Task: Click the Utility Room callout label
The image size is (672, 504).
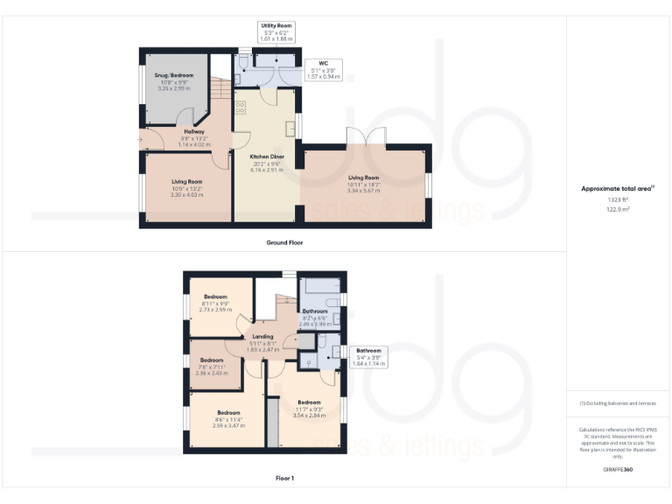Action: (x=276, y=26)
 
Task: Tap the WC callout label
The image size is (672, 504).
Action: (x=323, y=64)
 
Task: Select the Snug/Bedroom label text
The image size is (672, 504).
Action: (x=175, y=76)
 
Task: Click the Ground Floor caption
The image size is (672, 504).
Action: (x=284, y=242)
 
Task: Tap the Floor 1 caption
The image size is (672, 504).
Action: (x=284, y=479)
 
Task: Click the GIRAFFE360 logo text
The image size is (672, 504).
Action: (x=618, y=470)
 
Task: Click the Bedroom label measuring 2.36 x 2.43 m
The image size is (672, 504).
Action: (x=213, y=360)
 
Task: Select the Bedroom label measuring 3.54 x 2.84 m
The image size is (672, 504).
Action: (x=310, y=402)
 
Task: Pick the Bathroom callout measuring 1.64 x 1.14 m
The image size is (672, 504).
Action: (x=367, y=351)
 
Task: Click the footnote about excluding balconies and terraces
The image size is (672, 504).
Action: (x=618, y=403)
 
